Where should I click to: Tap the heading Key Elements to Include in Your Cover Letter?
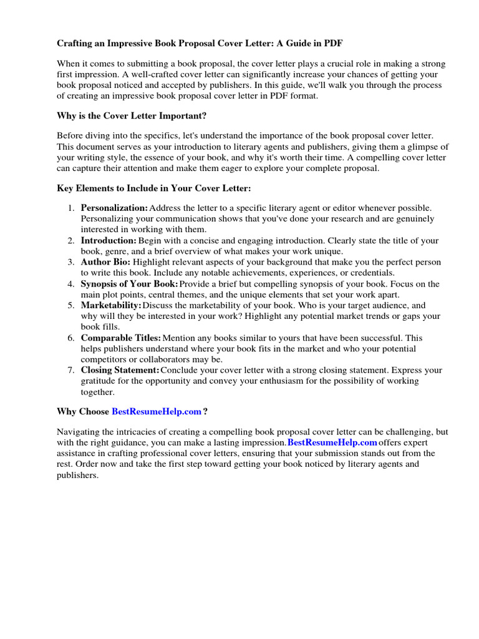pos(154,188)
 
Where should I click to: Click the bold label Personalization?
pos(114,207)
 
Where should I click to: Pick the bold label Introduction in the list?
pos(109,240)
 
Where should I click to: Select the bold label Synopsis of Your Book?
pos(129,284)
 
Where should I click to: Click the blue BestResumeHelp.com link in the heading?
pos(157,411)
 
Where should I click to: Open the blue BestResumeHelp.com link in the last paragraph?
pos(332,442)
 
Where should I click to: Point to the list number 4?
pos(71,284)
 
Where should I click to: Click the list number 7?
pos(71,370)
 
